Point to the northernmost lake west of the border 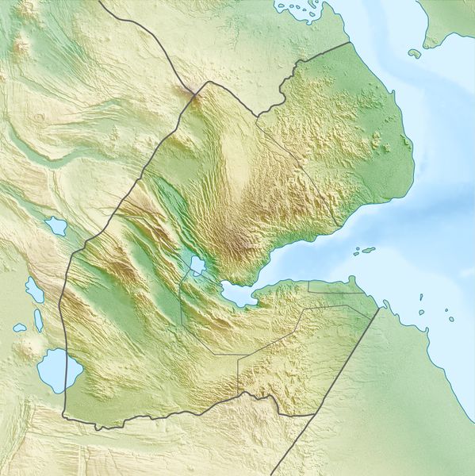(56, 227)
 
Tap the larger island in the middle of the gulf (366, 251)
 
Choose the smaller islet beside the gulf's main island (355, 255)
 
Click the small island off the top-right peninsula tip (414, 53)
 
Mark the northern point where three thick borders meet (208, 82)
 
